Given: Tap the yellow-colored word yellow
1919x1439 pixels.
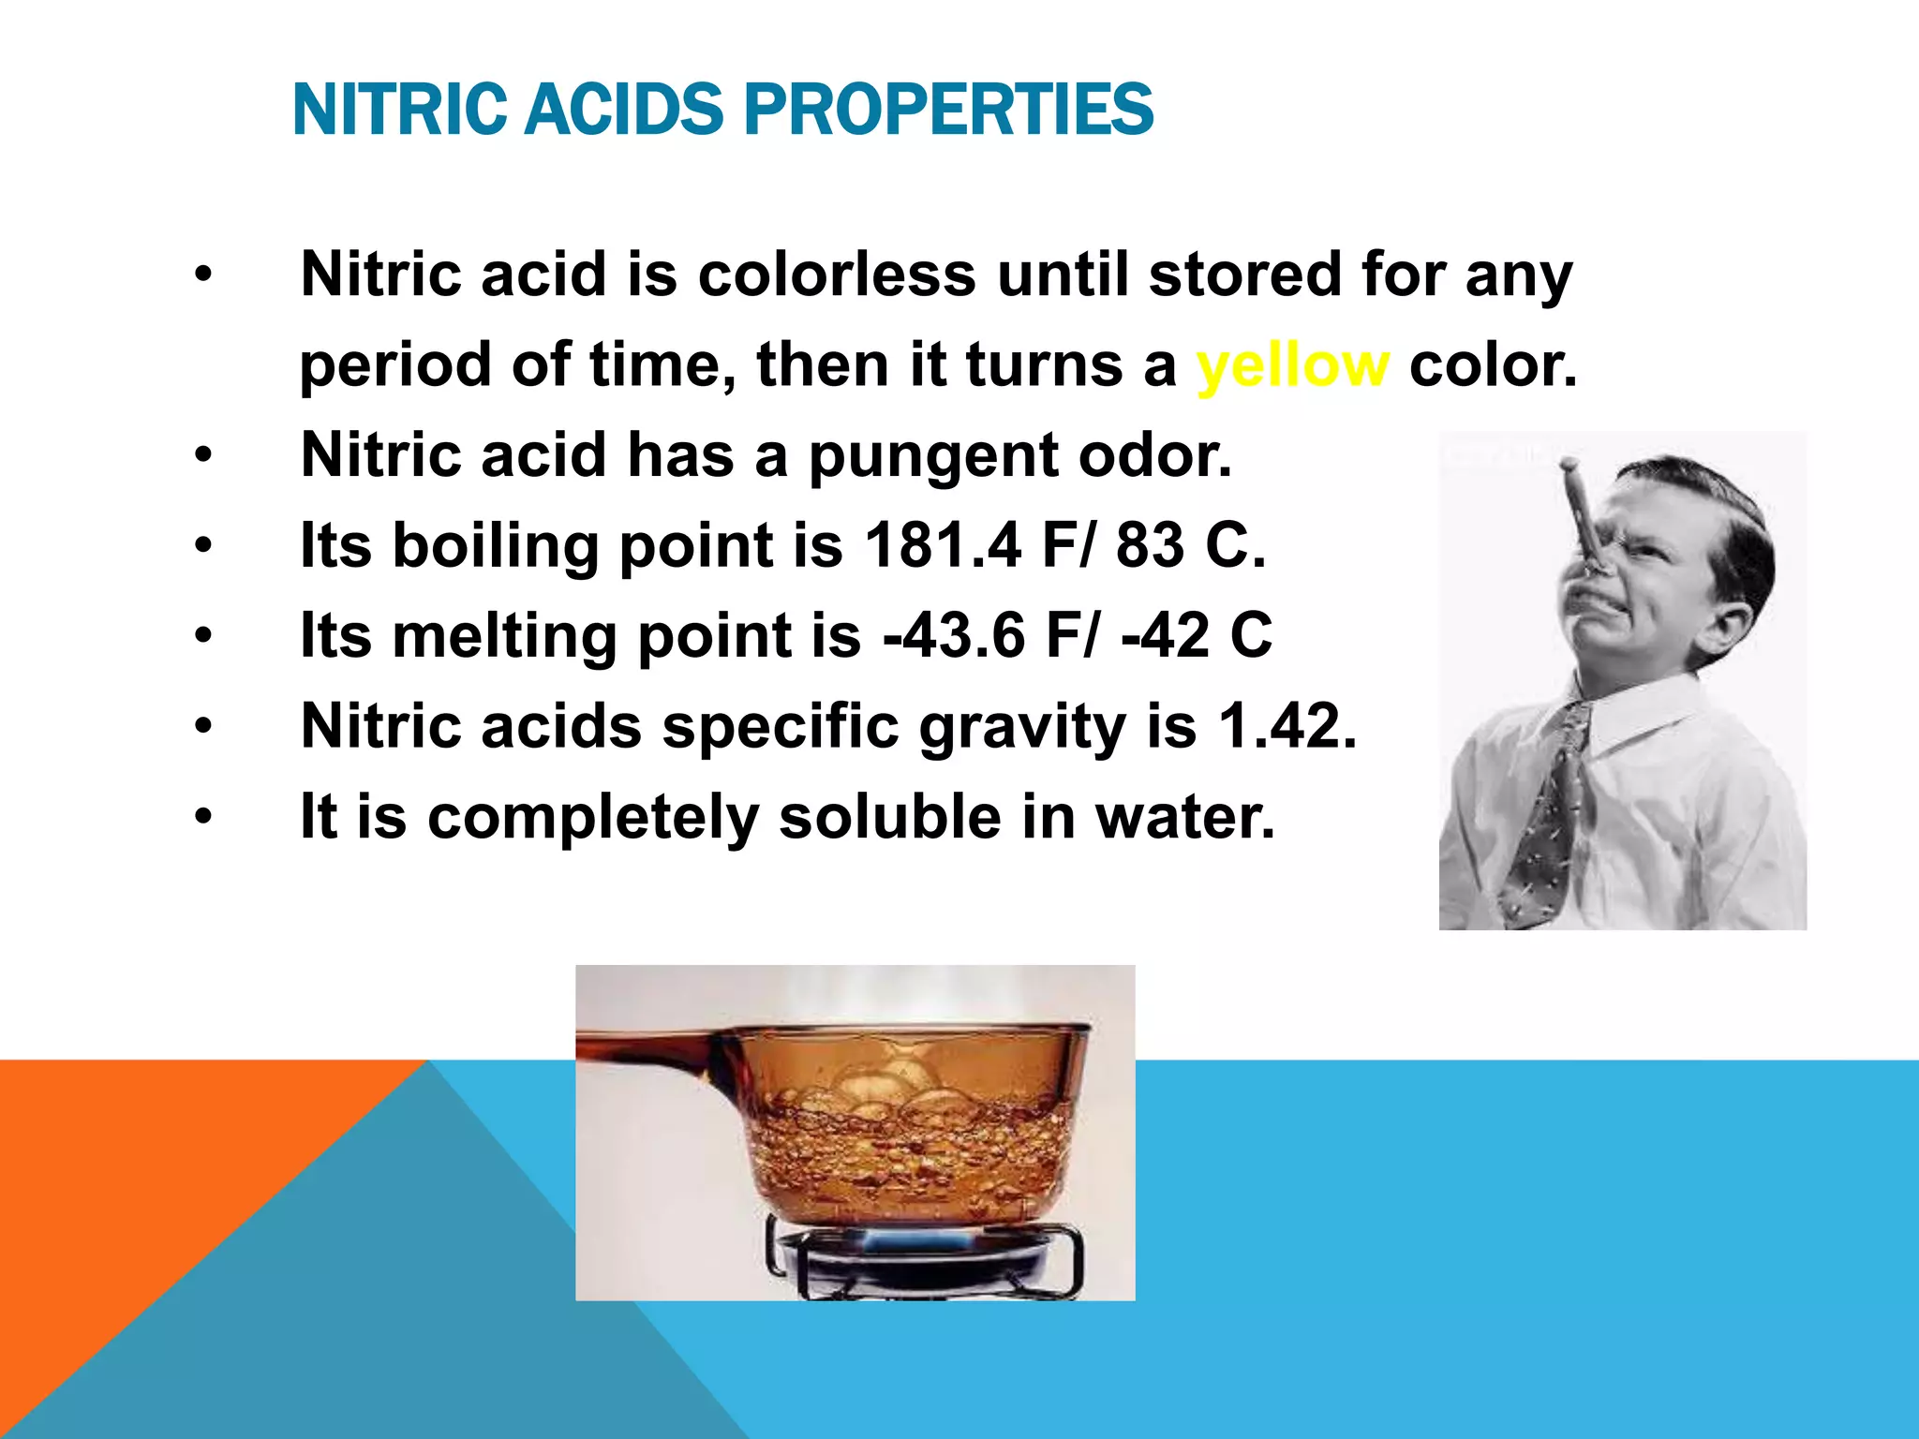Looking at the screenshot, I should coord(1292,364).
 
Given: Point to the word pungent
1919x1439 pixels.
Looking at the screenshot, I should coord(932,456).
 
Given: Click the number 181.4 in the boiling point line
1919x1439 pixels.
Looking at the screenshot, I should coord(942,545).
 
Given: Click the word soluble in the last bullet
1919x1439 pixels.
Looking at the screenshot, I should coord(889,817).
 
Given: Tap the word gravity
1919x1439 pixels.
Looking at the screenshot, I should coord(1021,728).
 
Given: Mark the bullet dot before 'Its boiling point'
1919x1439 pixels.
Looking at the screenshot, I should coord(203,545).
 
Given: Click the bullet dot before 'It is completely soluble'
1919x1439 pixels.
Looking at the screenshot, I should coord(203,817).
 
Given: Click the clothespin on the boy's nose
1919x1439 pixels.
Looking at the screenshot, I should coord(1588,525).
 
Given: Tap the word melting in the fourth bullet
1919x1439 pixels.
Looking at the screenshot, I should coord(504,637).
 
